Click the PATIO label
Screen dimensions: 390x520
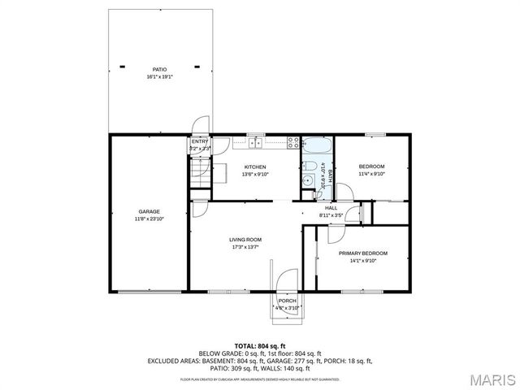click(x=160, y=70)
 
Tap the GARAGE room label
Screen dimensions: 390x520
click(x=149, y=211)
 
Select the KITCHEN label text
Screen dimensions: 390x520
click(x=254, y=167)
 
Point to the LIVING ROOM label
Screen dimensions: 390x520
click(x=245, y=240)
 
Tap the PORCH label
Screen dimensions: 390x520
click(x=287, y=301)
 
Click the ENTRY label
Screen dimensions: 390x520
click(x=199, y=142)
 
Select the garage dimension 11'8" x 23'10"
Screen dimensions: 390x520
click(x=149, y=219)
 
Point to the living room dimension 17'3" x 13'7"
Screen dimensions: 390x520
click(x=245, y=247)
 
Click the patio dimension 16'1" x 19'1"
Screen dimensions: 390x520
click(x=160, y=77)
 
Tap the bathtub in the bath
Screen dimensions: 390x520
click(x=315, y=149)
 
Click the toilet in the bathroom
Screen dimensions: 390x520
click(x=308, y=182)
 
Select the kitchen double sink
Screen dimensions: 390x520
click(x=256, y=143)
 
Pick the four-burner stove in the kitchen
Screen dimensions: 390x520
click(x=292, y=143)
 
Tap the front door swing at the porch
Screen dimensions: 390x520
click(x=286, y=279)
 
